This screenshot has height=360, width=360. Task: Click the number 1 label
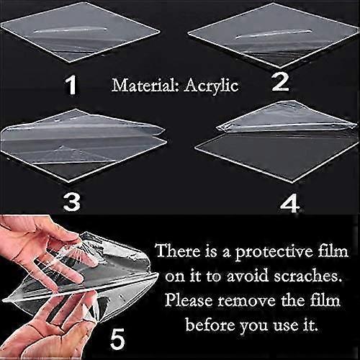tap(71, 84)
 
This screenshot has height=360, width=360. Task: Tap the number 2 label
tap(280, 82)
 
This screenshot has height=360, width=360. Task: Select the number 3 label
tap(71, 202)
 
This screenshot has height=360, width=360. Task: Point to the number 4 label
tap(289, 204)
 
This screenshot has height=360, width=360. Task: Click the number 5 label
tap(117, 339)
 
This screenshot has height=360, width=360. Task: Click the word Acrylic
tap(211, 86)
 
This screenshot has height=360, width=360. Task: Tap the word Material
tap(145, 85)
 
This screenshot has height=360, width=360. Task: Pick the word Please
tap(189, 300)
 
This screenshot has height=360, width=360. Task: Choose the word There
tap(179, 251)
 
